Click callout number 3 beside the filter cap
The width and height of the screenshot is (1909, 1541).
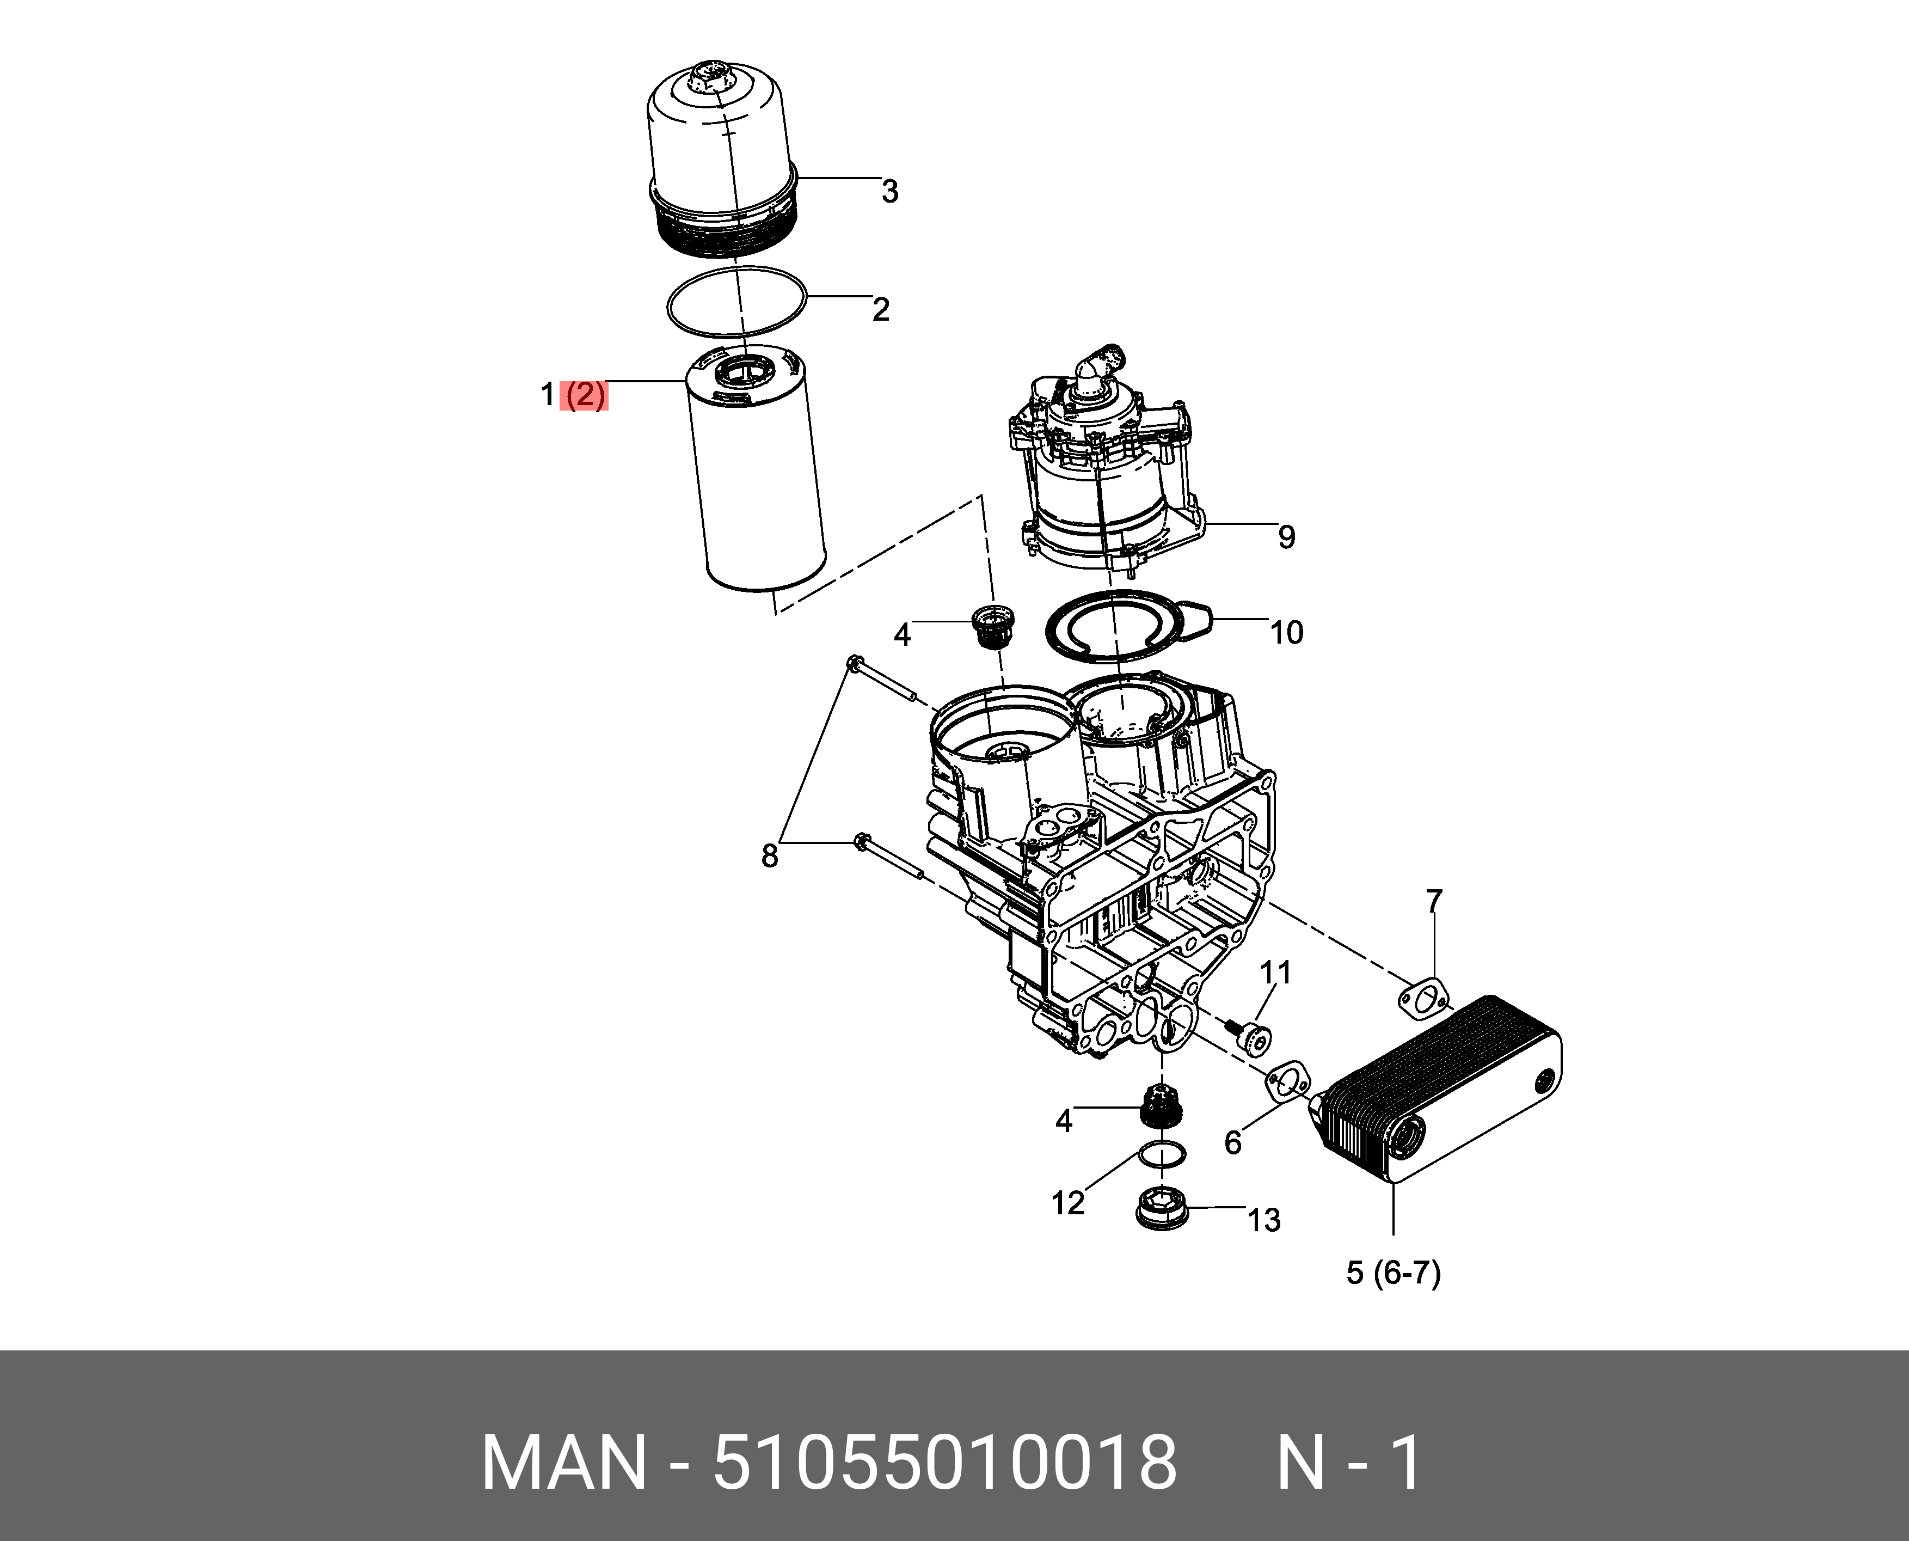coord(889,191)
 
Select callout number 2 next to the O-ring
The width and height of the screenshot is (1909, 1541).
coord(880,309)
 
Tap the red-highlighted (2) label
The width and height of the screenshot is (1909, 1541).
coord(585,395)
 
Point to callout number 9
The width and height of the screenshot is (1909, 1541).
coord(1286,536)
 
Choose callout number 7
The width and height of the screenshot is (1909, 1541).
coord(1434,902)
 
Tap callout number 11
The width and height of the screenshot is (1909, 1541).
coord(1276,973)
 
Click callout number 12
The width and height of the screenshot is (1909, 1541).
coord(1067,1204)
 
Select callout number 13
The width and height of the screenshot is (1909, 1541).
coord(1264,1221)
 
